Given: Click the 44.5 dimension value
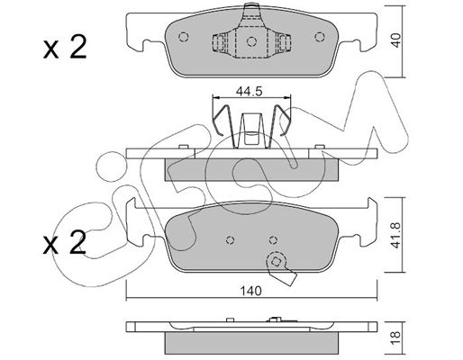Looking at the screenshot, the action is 250,91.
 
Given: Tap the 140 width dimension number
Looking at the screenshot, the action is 251,291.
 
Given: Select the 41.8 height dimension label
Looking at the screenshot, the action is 396,235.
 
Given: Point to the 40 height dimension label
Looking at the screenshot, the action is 396,40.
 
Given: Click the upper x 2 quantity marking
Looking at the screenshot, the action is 65,47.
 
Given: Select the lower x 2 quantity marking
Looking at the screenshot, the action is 65,242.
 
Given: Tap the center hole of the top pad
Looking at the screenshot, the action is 251,41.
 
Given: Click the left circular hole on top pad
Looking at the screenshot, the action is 184,37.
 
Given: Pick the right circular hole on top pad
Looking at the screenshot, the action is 320,37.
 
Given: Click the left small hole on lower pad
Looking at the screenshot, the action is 230,239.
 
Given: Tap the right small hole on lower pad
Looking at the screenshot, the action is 273,239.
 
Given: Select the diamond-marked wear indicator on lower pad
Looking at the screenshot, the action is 276,262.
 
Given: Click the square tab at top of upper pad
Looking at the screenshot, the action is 251,11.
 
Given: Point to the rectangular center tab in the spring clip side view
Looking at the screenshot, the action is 251,129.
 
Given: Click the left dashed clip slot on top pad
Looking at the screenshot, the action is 219,42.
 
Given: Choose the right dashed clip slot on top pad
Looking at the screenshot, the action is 284,42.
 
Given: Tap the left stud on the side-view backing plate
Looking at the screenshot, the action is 183,147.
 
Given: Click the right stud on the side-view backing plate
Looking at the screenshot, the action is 320,147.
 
